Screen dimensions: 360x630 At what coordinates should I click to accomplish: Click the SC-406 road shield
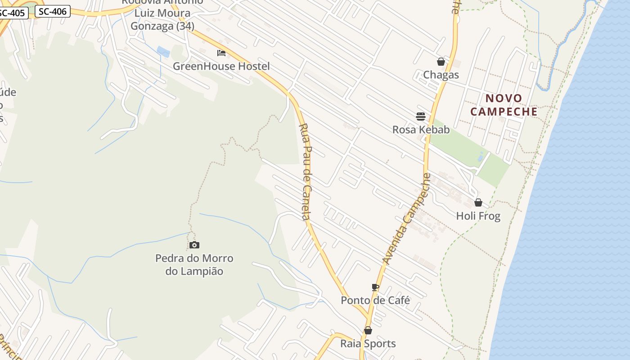point(53,12)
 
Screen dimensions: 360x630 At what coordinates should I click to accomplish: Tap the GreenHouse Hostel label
point(221,66)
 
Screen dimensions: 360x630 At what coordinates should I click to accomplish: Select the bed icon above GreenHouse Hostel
point(221,53)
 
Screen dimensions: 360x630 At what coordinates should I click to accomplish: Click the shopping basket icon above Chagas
point(441,62)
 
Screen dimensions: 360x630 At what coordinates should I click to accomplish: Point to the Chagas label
point(441,75)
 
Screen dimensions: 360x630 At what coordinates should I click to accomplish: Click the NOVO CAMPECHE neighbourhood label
point(504,105)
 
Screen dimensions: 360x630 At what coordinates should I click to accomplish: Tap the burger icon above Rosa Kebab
point(421,117)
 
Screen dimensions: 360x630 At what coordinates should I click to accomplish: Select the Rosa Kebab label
point(421,130)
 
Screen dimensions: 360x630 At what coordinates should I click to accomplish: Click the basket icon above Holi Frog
point(478,202)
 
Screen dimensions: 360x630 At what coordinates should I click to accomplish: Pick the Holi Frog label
point(478,216)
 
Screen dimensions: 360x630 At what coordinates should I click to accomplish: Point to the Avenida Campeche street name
point(406,219)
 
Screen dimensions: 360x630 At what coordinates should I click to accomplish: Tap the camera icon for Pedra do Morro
point(194,245)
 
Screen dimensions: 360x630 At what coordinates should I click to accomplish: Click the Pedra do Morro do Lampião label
point(194,265)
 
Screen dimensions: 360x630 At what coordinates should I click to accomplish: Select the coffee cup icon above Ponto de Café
point(375,287)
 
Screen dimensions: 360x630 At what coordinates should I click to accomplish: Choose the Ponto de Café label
point(375,300)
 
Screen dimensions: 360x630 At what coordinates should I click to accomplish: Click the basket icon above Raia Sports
point(368,330)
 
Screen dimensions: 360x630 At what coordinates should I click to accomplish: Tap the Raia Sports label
point(368,344)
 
